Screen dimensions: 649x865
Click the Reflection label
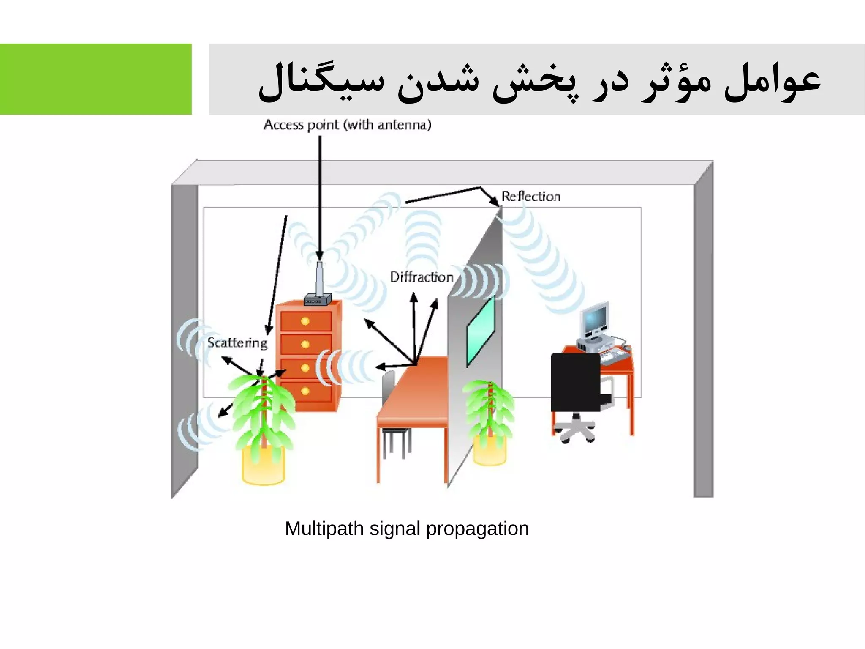pyautogui.click(x=531, y=197)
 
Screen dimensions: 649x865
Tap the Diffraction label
pyautogui.click(x=421, y=277)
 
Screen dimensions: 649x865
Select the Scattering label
pyautogui.click(x=237, y=342)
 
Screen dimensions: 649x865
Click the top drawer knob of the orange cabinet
pyautogui.click(x=305, y=321)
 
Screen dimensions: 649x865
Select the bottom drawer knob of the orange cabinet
pyautogui.click(x=305, y=391)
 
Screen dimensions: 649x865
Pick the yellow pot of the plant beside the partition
pyautogui.click(x=490, y=451)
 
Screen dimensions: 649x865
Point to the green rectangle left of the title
pyautogui.click(x=95, y=79)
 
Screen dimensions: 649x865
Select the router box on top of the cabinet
pyautogui.click(x=317, y=300)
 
